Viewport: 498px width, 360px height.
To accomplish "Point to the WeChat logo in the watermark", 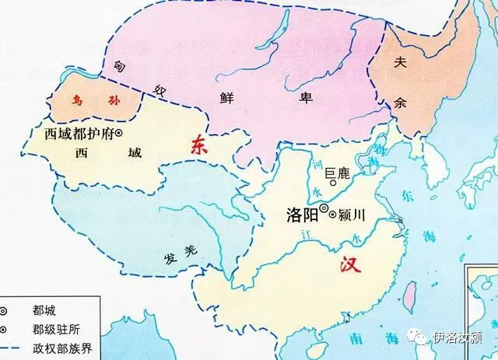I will coord(421,337).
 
